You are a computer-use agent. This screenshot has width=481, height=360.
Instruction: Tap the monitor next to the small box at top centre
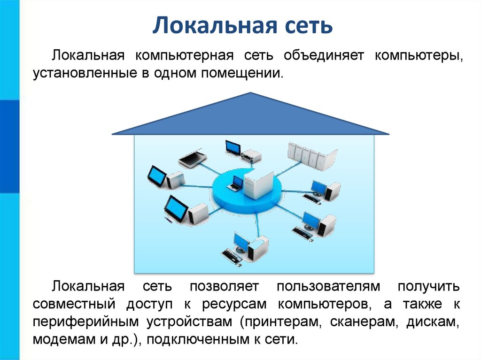point(233,146)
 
